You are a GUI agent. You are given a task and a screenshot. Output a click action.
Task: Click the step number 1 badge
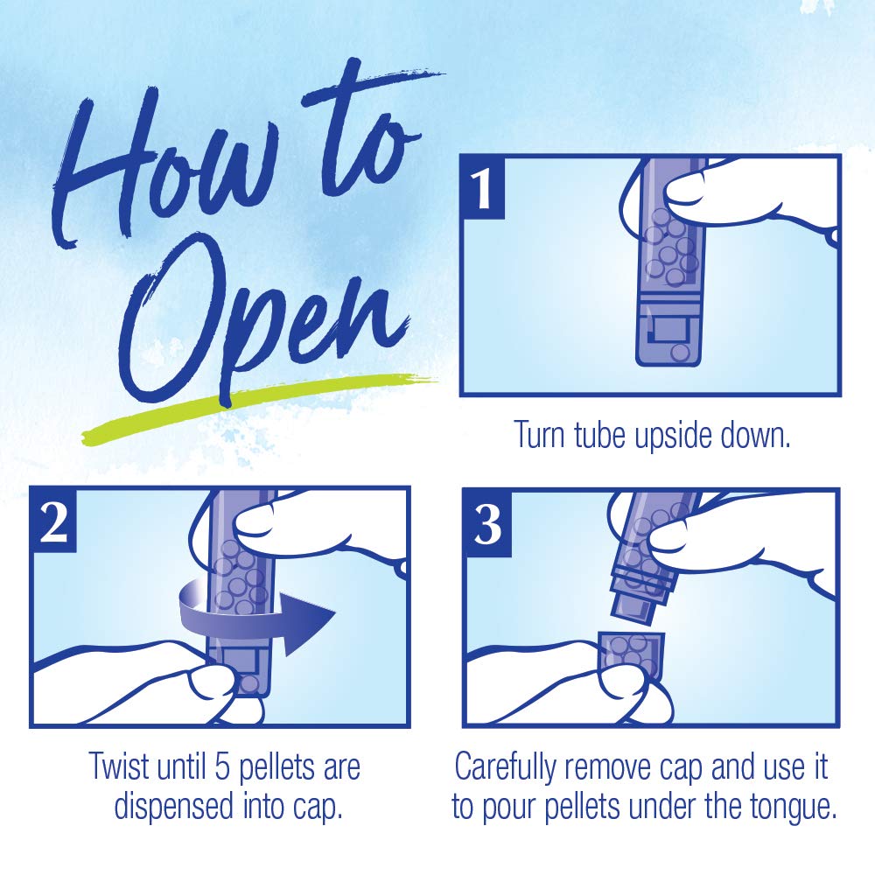[x=483, y=188]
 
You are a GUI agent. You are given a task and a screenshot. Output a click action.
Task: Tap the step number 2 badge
[x=53, y=521]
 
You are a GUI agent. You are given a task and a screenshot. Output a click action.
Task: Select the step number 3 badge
[x=487, y=524]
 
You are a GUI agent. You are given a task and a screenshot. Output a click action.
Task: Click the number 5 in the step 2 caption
[x=222, y=766]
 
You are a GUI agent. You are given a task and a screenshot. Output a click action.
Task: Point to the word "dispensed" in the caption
[x=173, y=808]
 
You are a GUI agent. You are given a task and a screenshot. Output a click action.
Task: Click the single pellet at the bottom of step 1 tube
[x=680, y=352]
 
